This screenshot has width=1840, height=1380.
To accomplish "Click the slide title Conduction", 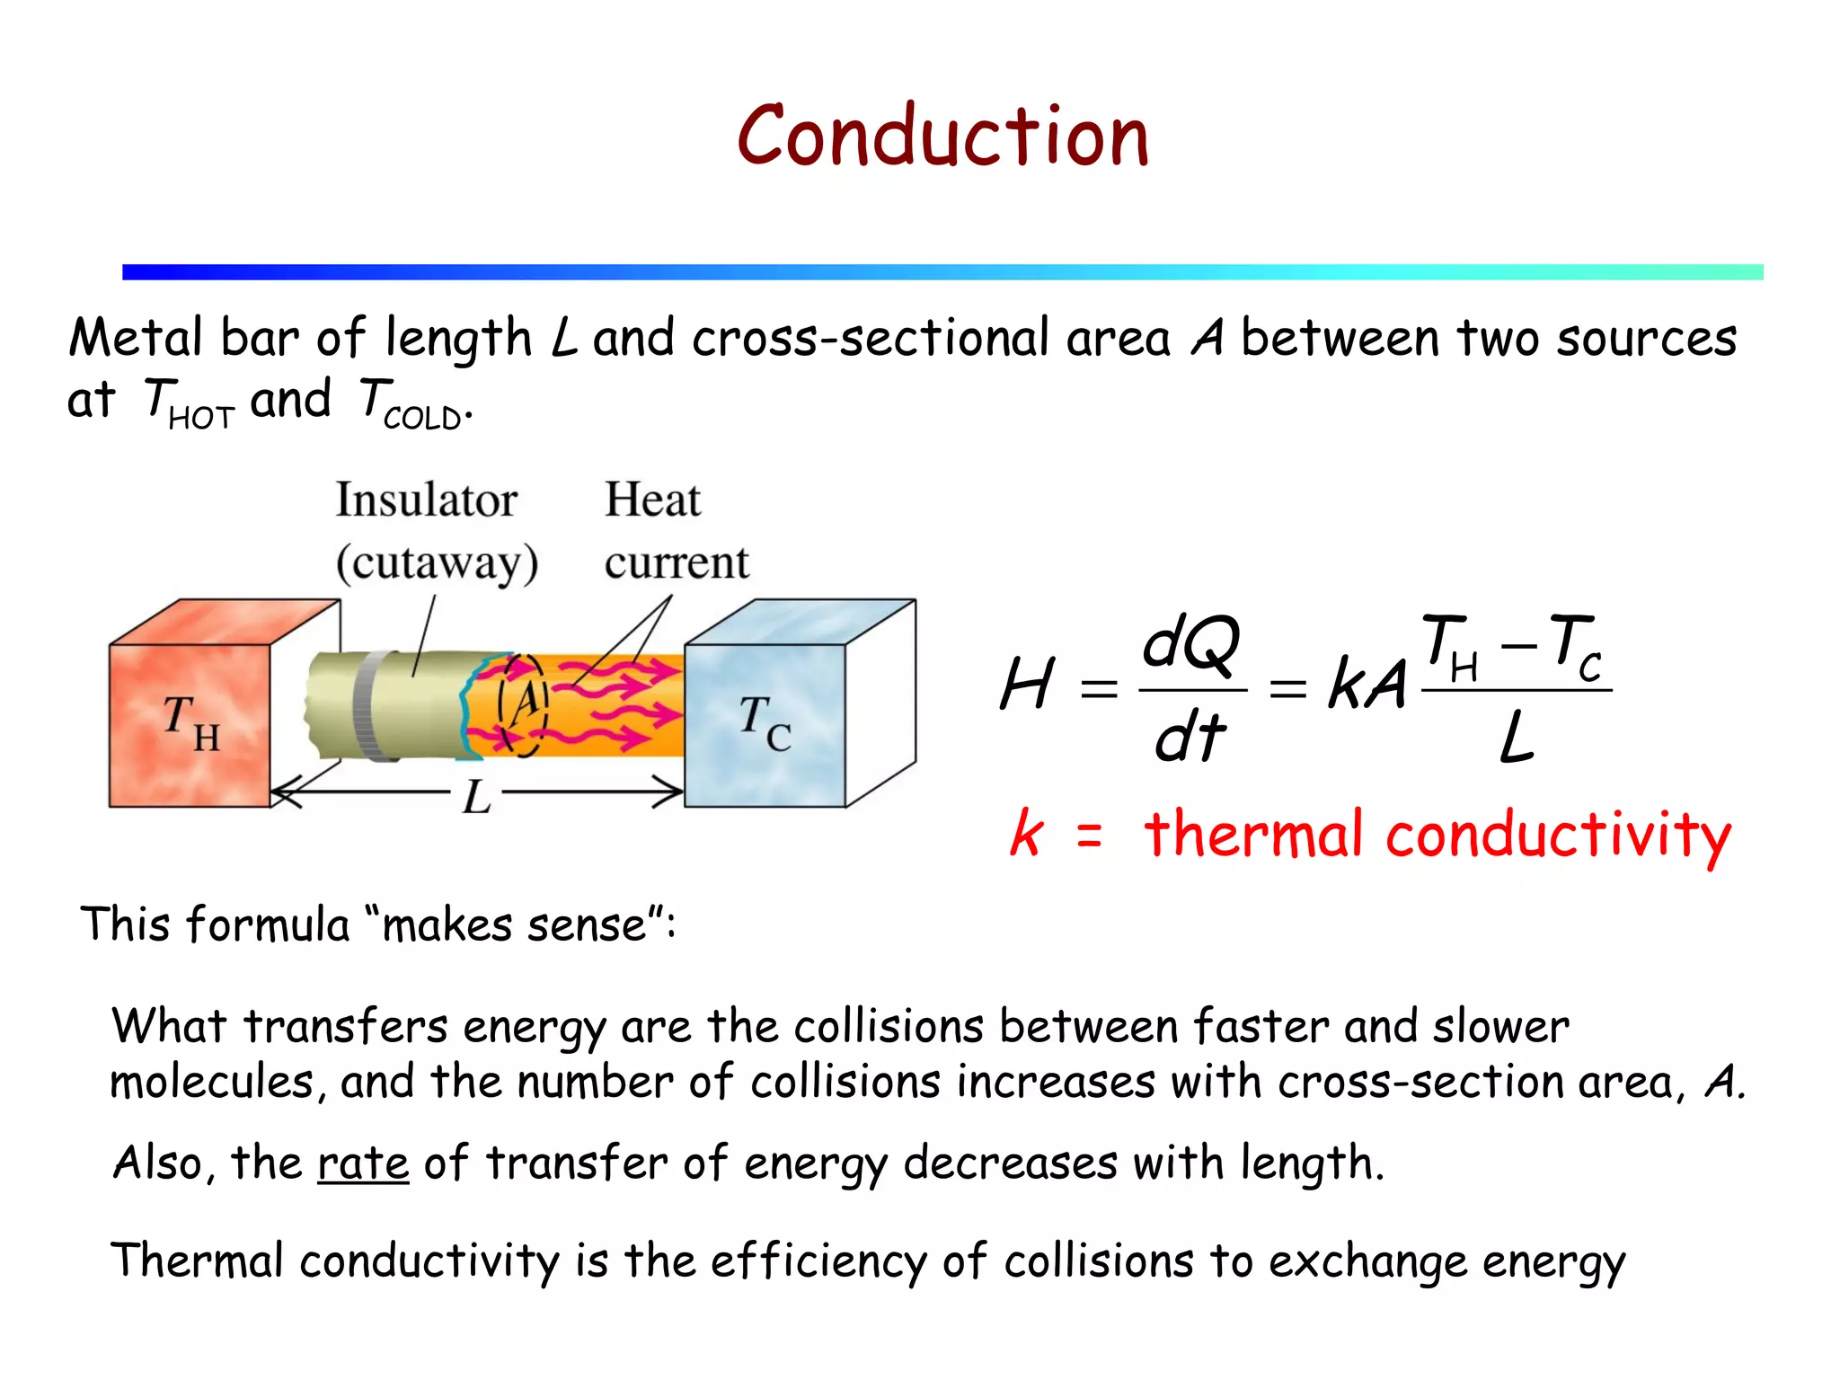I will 942,137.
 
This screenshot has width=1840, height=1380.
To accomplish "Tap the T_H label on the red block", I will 190,722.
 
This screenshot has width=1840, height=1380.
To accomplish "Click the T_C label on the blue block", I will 765,722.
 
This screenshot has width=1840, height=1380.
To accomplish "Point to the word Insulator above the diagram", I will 426,500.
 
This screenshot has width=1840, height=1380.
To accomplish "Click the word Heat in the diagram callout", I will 652,500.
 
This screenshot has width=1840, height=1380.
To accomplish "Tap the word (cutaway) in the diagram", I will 437,563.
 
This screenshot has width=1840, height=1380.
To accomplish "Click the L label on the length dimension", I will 476,796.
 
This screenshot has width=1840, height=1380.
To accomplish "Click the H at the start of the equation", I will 1026,685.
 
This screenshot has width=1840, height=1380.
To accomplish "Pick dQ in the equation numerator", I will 1191,643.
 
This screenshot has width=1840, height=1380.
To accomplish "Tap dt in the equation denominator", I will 1190,737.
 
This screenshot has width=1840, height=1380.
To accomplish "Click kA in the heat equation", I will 1367,685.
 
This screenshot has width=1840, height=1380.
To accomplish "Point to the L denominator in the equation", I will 1517,737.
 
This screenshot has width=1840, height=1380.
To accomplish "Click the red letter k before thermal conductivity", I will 1026,833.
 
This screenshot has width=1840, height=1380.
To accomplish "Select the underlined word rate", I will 363,1163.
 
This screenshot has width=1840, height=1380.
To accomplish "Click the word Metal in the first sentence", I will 136,339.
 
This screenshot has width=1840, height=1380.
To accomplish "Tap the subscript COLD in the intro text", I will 422,419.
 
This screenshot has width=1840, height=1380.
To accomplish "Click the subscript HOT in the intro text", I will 201,419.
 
